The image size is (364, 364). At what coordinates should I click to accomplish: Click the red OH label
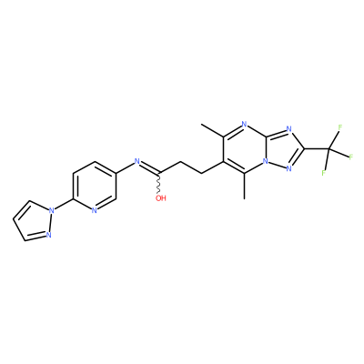click(161, 198)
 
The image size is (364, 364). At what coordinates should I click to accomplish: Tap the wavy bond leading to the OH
click(159, 184)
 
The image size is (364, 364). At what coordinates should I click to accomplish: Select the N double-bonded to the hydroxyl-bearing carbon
click(136, 161)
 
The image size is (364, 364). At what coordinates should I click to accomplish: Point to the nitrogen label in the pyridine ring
click(94, 210)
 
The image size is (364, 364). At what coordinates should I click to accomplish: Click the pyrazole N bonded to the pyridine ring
click(52, 209)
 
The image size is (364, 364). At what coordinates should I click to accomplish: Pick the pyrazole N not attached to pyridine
click(48, 235)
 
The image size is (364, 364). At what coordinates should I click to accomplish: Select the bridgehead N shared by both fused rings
click(266, 161)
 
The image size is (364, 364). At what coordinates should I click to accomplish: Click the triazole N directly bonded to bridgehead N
click(288, 169)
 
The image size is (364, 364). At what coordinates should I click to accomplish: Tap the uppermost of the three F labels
click(340, 127)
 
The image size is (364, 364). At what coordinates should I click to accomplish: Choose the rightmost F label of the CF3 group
click(351, 157)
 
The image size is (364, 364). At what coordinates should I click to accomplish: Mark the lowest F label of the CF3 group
click(323, 173)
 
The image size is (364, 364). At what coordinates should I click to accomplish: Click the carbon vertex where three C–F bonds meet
click(329, 149)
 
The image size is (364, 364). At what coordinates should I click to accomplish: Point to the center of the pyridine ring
click(95, 186)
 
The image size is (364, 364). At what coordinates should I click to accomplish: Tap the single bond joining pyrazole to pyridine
click(63, 205)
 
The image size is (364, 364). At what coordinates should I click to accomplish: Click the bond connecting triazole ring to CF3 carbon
click(317, 149)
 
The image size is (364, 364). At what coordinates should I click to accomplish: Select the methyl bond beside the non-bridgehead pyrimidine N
click(212, 130)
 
